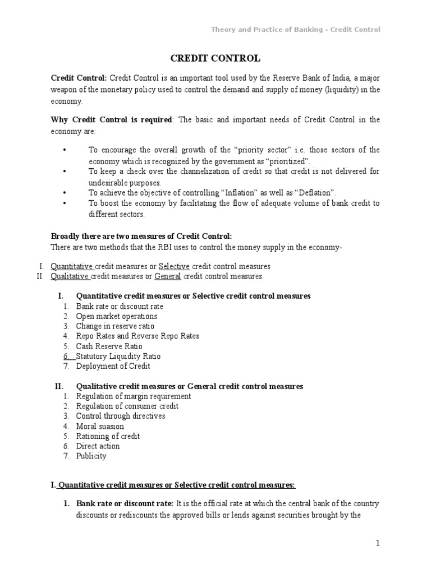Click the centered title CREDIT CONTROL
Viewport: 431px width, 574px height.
click(215, 58)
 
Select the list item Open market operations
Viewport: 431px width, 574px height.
click(117, 316)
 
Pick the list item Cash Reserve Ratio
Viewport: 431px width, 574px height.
click(110, 346)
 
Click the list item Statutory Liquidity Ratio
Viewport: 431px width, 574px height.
click(118, 356)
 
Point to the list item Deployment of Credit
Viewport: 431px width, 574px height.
click(113, 366)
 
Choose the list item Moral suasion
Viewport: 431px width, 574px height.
click(100, 426)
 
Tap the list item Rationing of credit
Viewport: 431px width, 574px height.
click(108, 436)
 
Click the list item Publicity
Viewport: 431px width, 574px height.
click(91, 456)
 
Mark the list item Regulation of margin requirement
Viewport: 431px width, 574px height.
click(134, 396)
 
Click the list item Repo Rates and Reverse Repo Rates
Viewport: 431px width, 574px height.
click(137, 336)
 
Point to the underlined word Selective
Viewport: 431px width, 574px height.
click(174, 266)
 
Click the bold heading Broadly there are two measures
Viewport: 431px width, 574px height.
click(141, 237)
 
